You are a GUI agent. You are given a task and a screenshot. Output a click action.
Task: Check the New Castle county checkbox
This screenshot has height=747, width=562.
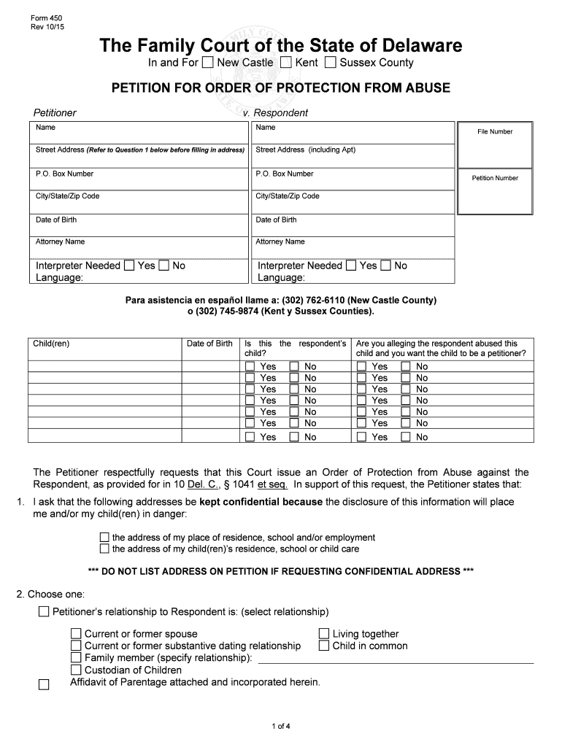pos(209,63)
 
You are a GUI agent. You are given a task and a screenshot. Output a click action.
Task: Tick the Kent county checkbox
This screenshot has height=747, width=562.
pos(286,63)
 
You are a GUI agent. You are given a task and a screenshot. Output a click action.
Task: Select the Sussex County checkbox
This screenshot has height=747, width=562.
pos(331,63)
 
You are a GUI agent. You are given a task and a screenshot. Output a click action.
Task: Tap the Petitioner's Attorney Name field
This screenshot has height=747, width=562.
pos(139,247)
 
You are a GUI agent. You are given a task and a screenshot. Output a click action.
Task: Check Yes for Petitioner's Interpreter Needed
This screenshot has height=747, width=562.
pos(129,266)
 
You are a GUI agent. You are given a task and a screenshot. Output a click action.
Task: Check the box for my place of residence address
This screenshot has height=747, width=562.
pos(104,538)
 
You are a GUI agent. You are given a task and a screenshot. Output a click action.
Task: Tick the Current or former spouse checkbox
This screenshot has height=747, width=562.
pos(76,634)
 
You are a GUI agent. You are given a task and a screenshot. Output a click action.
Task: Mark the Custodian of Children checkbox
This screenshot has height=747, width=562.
pos(76,670)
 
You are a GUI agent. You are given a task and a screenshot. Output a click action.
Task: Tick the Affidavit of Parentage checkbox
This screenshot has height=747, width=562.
pos(44,684)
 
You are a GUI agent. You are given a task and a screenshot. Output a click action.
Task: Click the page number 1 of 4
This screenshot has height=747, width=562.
pos(281,726)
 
